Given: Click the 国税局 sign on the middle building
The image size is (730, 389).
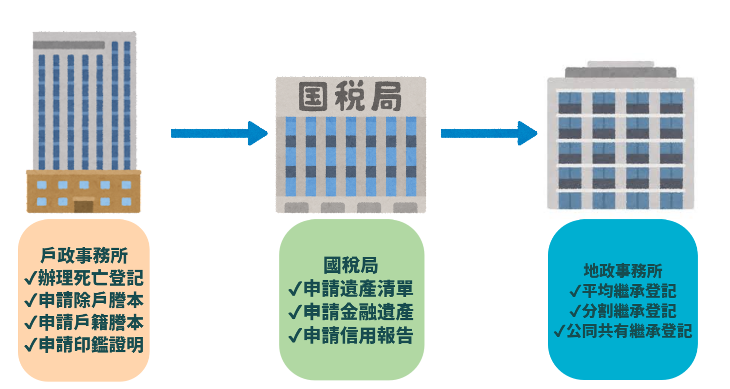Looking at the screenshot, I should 350,97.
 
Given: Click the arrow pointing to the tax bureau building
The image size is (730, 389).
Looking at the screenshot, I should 219,133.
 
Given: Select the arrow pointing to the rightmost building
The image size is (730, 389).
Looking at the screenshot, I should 489,133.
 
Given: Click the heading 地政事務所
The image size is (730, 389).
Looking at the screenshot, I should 622,271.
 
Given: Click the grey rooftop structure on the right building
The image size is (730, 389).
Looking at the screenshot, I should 620,70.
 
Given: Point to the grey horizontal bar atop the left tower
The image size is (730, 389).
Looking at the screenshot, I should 69,45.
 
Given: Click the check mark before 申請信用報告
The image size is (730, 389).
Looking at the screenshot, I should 294,336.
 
